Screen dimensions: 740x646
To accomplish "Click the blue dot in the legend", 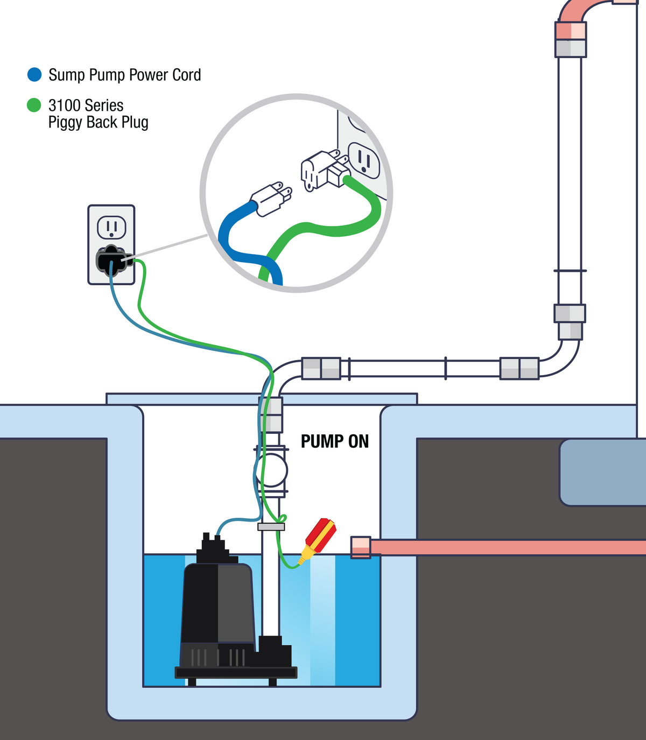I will (34, 74).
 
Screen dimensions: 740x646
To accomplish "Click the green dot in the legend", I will (34, 105).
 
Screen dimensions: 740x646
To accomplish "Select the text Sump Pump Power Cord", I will (124, 75).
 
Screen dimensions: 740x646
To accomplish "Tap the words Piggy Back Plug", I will (98, 122).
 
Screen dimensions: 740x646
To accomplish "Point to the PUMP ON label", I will (334, 441).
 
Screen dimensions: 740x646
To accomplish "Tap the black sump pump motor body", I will (218, 603).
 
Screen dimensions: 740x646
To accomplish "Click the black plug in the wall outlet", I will (111, 260).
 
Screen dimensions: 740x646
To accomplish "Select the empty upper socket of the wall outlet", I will (111, 228).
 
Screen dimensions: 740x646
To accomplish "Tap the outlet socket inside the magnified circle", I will (364, 160).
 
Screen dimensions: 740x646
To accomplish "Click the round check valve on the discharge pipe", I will (272, 470).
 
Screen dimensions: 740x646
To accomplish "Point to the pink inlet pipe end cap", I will (361, 547).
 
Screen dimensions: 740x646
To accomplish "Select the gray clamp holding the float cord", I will (271, 527).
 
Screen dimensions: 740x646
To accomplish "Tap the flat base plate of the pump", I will (236, 672).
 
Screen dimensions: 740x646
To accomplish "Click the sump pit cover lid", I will (262, 399).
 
